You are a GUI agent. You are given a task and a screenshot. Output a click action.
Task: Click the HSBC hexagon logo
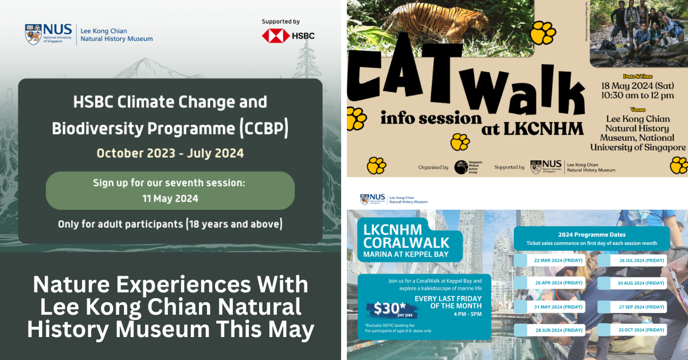pyautogui.click(x=276, y=36)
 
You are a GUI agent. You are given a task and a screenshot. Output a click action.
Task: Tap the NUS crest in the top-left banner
pyautogui.click(x=33, y=34)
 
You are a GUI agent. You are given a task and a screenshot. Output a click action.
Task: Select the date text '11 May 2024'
pyautogui.click(x=170, y=198)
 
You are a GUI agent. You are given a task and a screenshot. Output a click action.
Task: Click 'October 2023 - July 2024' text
pyautogui.click(x=170, y=153)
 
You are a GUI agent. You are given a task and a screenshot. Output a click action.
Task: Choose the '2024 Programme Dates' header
pyautogui.click(x=591, y=234)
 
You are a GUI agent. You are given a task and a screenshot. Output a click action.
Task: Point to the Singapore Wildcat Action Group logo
pyautogui.click(x=464, y=167)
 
